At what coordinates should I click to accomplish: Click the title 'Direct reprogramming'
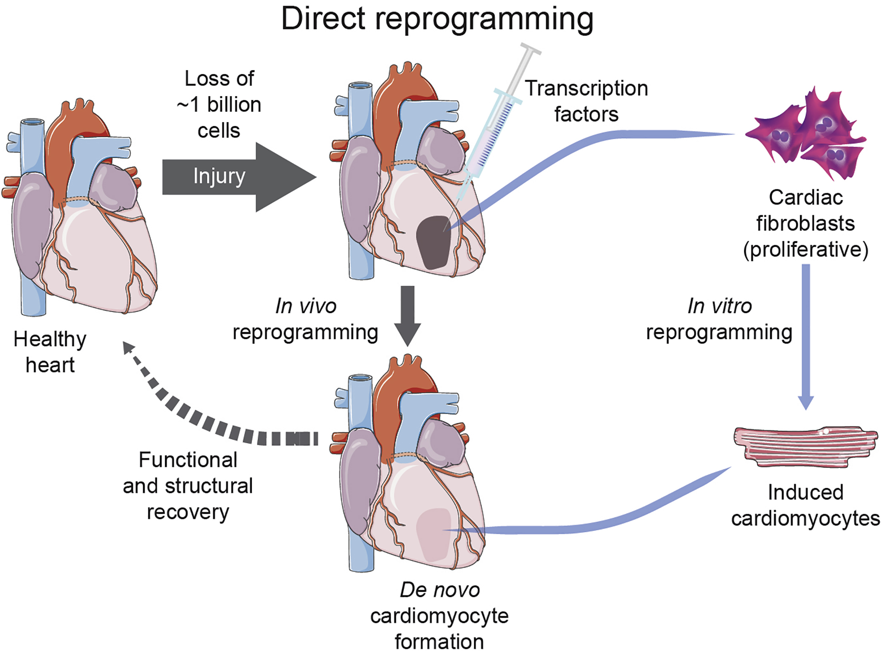click(437, 19)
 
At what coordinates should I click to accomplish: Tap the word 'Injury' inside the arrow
click(219, 176)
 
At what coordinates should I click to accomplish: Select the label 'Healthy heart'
click(50, 352)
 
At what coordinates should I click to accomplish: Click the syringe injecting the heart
click(496, 128)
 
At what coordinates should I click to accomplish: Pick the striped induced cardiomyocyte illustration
click(804, 446)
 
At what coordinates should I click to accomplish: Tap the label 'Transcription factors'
click(586, 101)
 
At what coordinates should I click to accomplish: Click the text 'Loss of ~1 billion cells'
click(219, 104)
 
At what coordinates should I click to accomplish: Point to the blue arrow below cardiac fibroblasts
click(806, 336)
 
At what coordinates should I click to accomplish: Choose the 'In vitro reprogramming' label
click(719, 319)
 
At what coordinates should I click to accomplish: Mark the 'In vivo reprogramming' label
click(306, 319)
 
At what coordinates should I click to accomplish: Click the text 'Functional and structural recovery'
click(188, 486)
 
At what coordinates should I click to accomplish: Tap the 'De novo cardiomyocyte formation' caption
click(440, 616)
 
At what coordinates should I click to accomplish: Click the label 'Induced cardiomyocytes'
click(805, 505)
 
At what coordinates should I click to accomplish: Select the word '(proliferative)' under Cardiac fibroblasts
click(805, 250)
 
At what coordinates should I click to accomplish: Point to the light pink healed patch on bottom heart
click(434, 534)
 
